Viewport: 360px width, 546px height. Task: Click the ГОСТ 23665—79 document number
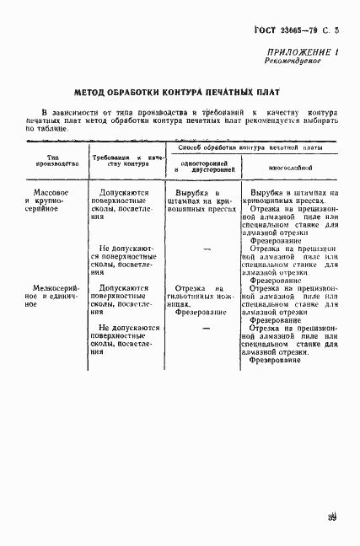(x=277, y=30)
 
